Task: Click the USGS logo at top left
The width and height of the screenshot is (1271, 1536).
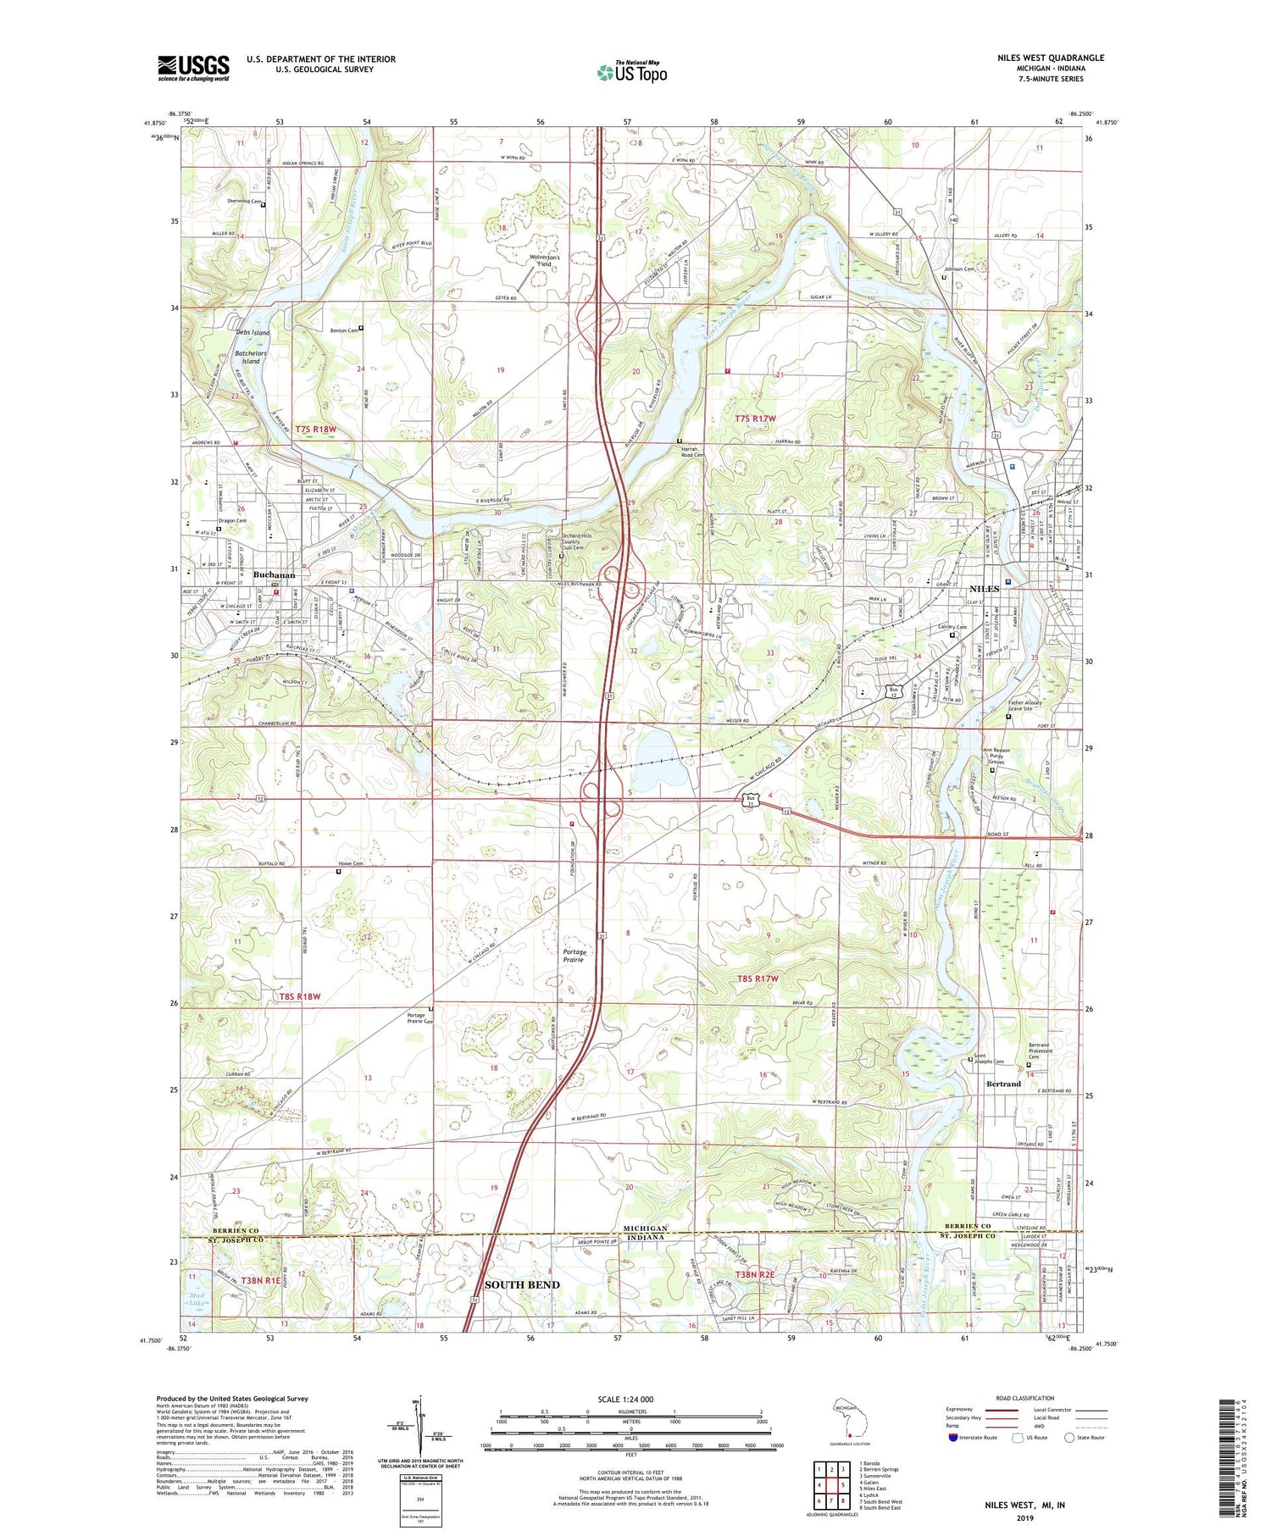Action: click(x=193, y=67)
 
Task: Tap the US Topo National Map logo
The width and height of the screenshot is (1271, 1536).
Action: click(x=631, y=72)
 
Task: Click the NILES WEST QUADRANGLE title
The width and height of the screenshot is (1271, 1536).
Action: click(x=1050, y=58)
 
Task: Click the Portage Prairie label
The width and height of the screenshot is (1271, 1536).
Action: click(x=574, y=957)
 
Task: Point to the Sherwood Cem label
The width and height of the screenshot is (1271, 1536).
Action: click(x=243, y=202)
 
